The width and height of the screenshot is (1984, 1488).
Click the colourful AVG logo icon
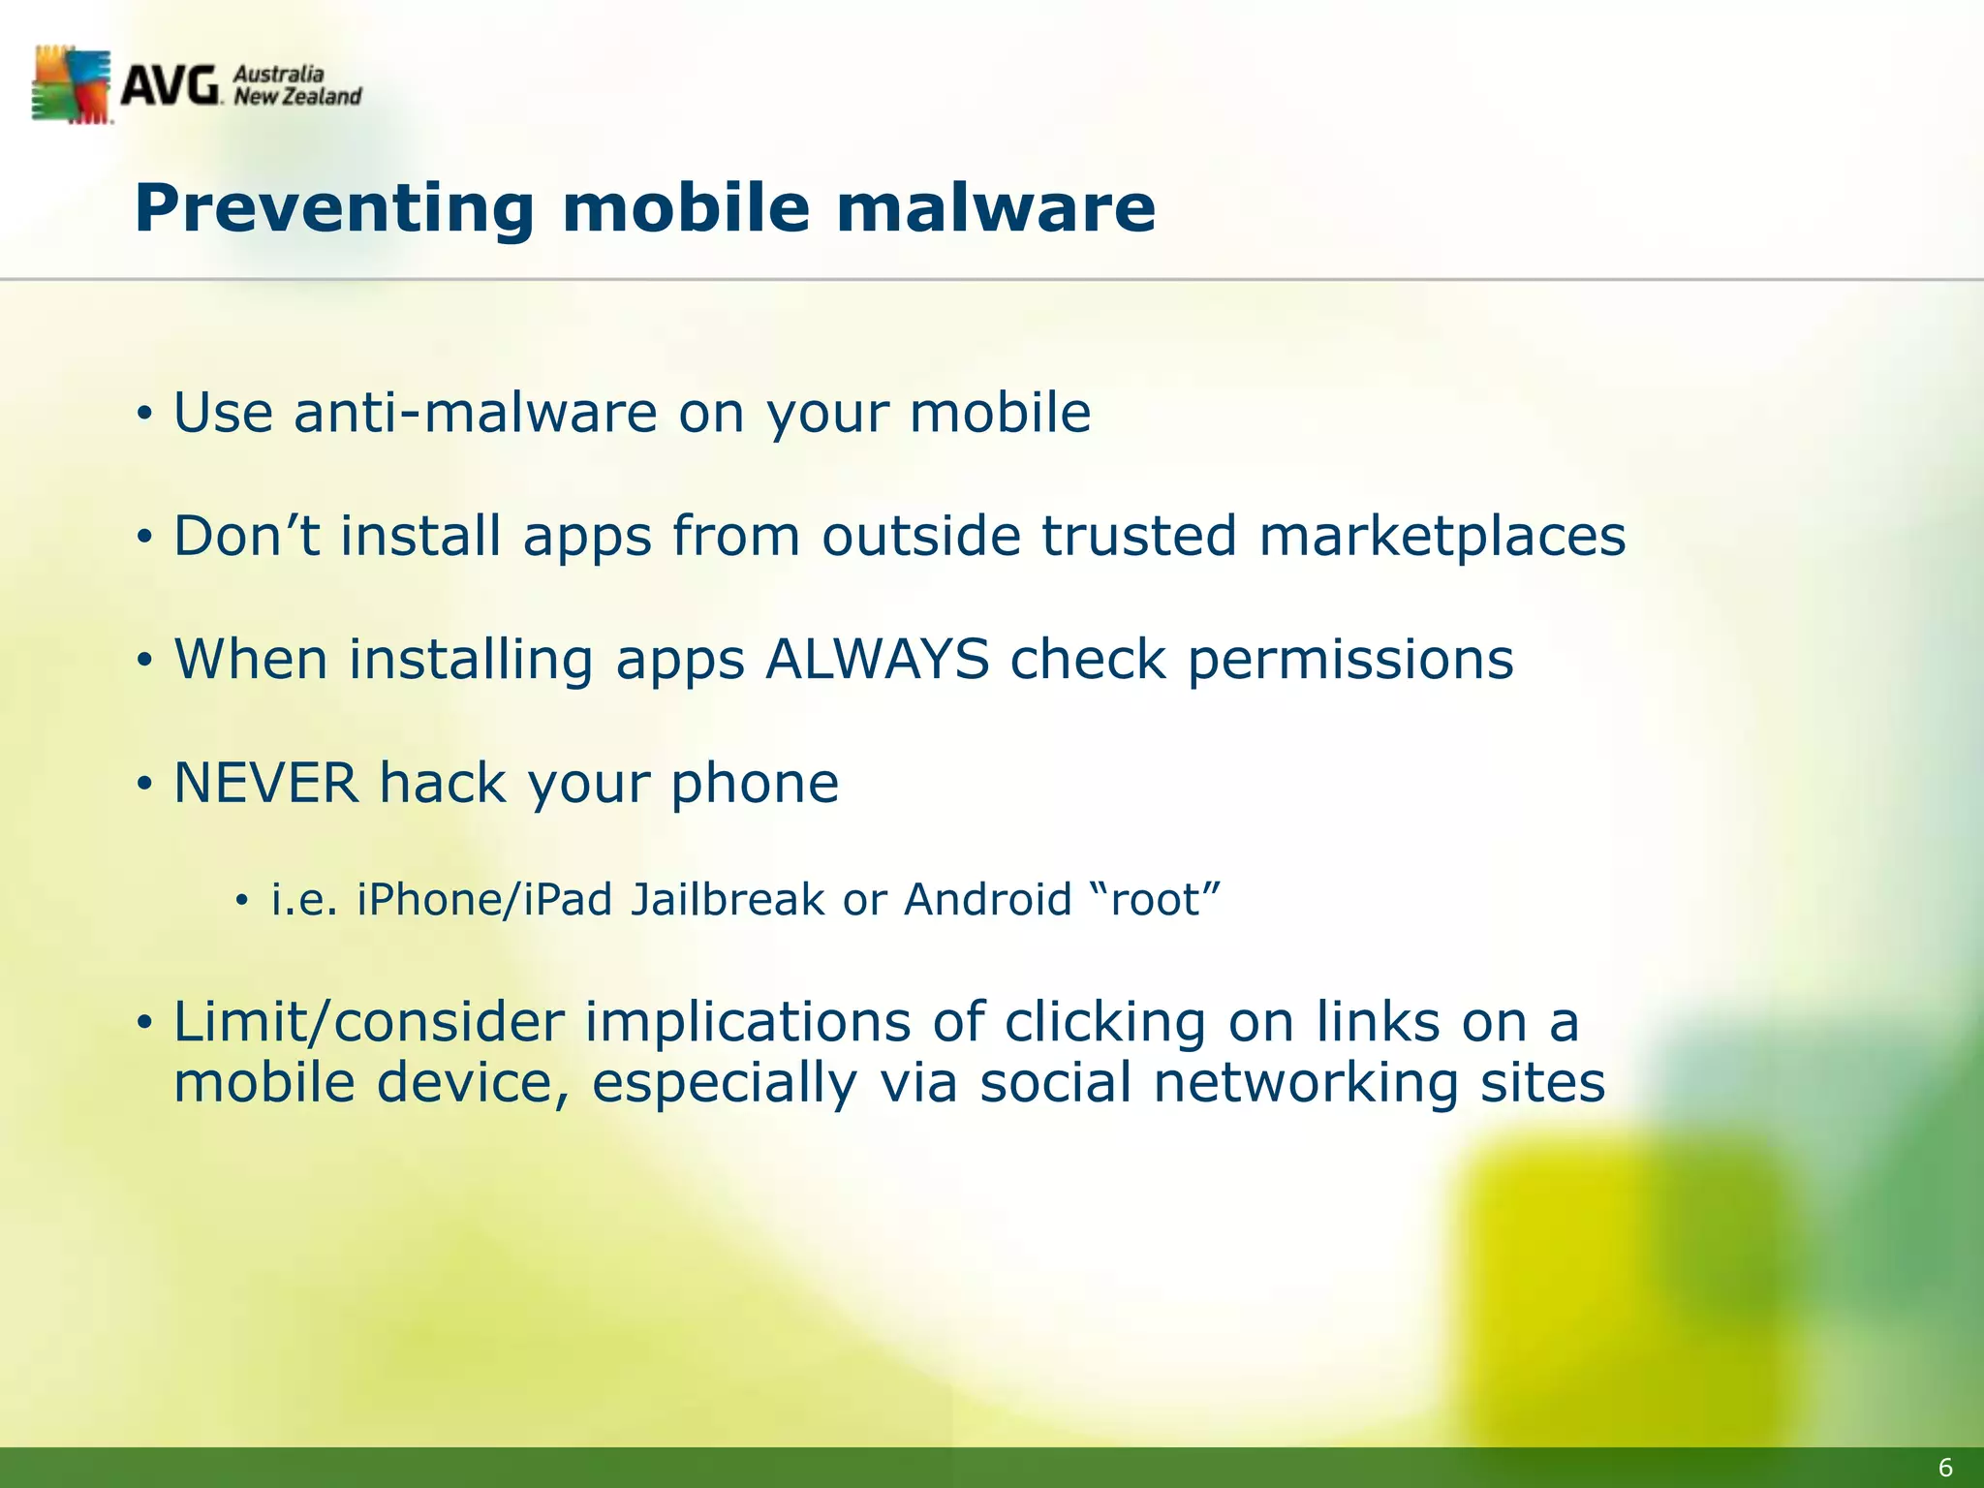point(71,84)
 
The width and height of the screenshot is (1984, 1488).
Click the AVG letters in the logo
point(170,87)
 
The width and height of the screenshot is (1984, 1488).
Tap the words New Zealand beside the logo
point(297,96)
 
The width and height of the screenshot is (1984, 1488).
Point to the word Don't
point(246,536)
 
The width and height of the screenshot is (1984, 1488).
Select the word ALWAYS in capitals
point(877,660)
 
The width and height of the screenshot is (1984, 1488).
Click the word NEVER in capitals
point(265,783)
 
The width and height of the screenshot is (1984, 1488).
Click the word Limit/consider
point(368,1022)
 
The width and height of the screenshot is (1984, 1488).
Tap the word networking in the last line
point(1305,1082)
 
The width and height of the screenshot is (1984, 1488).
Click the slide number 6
point(1944,1468)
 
